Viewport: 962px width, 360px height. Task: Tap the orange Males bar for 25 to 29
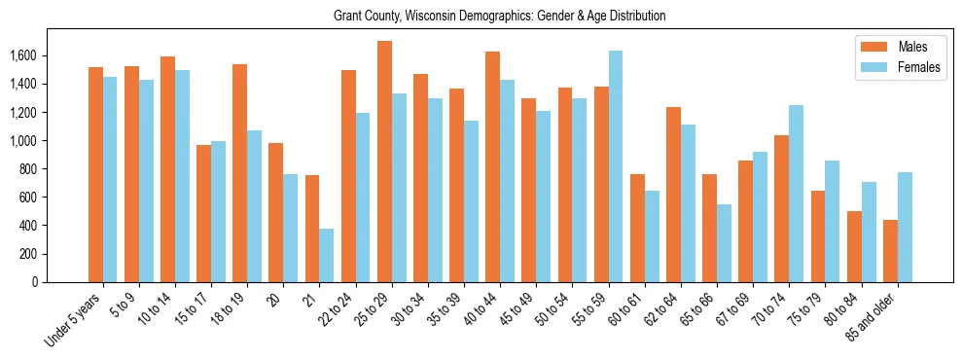coord(384,162)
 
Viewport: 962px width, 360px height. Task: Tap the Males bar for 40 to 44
coord(493,166)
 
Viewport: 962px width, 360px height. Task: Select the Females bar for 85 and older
coord(905,227)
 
